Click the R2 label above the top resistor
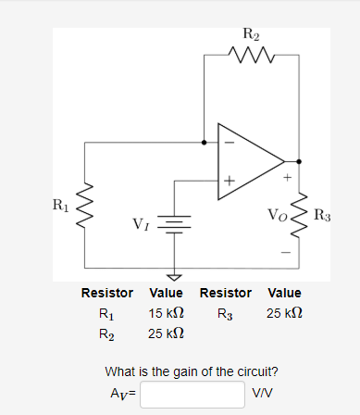pos(251,36)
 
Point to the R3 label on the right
pos(323,216)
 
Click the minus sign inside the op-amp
pos(228,143)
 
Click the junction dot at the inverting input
pos(205,143)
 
